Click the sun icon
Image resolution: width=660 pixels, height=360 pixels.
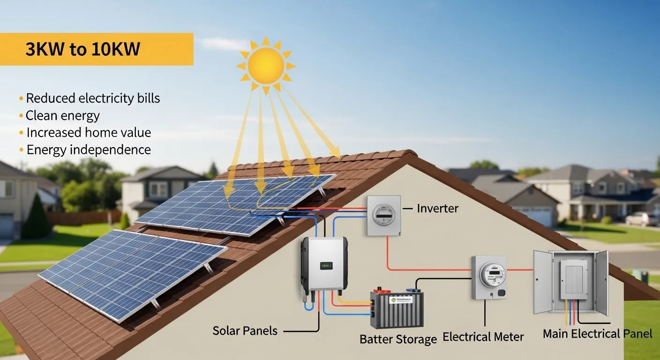266,66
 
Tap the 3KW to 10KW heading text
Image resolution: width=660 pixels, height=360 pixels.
83,49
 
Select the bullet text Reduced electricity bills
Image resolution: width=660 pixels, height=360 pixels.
93,98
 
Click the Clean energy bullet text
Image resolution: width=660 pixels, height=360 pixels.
62,115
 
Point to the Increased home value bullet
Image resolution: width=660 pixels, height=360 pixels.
89,133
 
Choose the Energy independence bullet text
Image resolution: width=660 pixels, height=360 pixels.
89,150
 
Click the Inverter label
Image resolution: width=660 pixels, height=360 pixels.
437,209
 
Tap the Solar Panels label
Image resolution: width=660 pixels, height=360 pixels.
245,331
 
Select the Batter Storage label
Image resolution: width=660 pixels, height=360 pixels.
398,339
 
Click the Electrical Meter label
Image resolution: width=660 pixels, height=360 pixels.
483,337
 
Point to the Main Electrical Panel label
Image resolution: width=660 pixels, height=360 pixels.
598,334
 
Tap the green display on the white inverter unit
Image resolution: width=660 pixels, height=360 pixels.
326,266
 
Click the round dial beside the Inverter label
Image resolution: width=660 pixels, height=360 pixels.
383,215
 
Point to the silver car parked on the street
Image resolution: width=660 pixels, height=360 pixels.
642,219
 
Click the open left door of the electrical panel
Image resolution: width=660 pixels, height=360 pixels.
543,282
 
